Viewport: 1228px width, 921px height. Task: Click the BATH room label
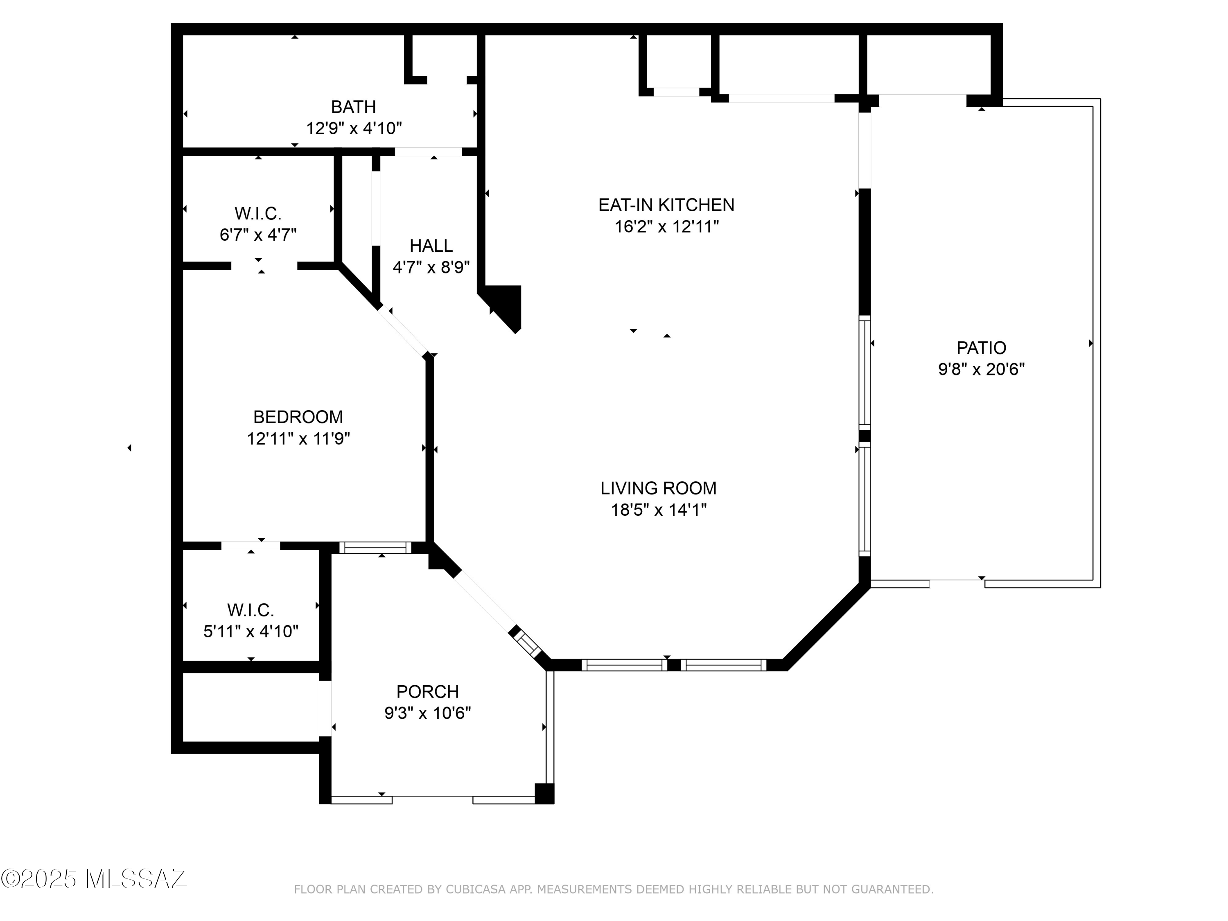point(354,106)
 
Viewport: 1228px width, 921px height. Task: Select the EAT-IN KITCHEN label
point(666,205)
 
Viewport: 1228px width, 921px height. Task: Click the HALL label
point(431,245)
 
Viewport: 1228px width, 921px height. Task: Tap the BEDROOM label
point(298,417)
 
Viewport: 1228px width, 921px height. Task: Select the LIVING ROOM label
point(658,488)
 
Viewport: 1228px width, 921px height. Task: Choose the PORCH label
point(427,691)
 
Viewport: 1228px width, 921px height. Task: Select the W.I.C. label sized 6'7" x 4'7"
point(258,213)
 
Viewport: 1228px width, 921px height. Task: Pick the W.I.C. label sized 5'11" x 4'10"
point(251,610)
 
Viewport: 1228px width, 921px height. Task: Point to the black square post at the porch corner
point(544,793)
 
